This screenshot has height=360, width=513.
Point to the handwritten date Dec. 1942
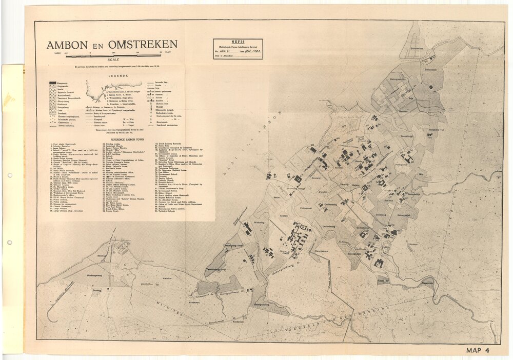[x=250, y=51]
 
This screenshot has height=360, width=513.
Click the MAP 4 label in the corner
[x=479, y=351]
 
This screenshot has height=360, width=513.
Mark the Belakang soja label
[x=436, y=130]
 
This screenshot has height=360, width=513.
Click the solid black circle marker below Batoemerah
[x=431, y=87]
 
